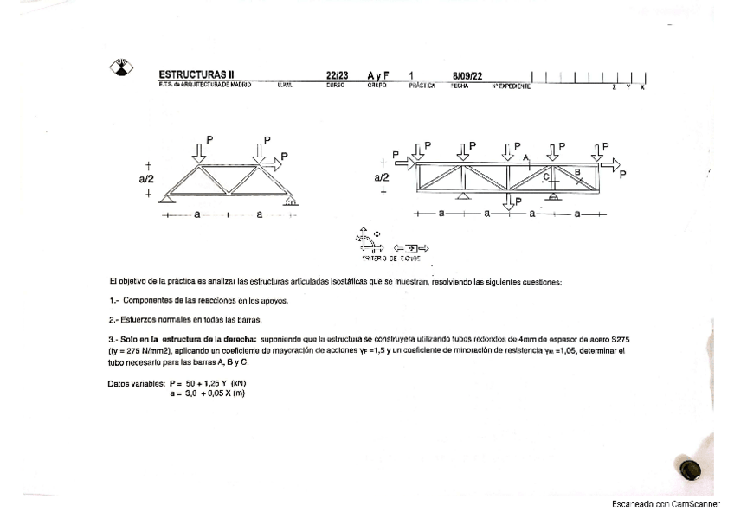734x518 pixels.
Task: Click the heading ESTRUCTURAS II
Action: click(196, 75)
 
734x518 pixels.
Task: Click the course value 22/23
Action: click(338, 75)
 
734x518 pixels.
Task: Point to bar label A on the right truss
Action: click(525, 157)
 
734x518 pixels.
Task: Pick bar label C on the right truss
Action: click(546, 176)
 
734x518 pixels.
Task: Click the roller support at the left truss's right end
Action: click(292, 201)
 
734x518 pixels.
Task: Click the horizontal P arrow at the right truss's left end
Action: click(402, 161)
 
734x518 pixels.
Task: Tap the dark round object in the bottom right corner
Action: click(690, 469)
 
